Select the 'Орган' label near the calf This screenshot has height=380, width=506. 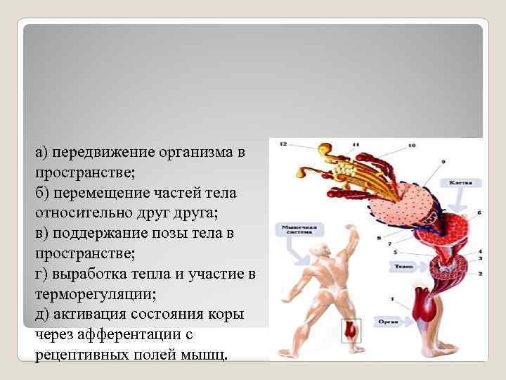click(x=397, y=324)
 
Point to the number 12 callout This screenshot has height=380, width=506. click(x=283, y=144)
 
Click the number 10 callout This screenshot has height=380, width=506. click(x=411, y=146)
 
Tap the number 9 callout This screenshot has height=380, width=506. click(x=443, y=162)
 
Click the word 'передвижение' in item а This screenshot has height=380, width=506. click(x=98, y=152)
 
